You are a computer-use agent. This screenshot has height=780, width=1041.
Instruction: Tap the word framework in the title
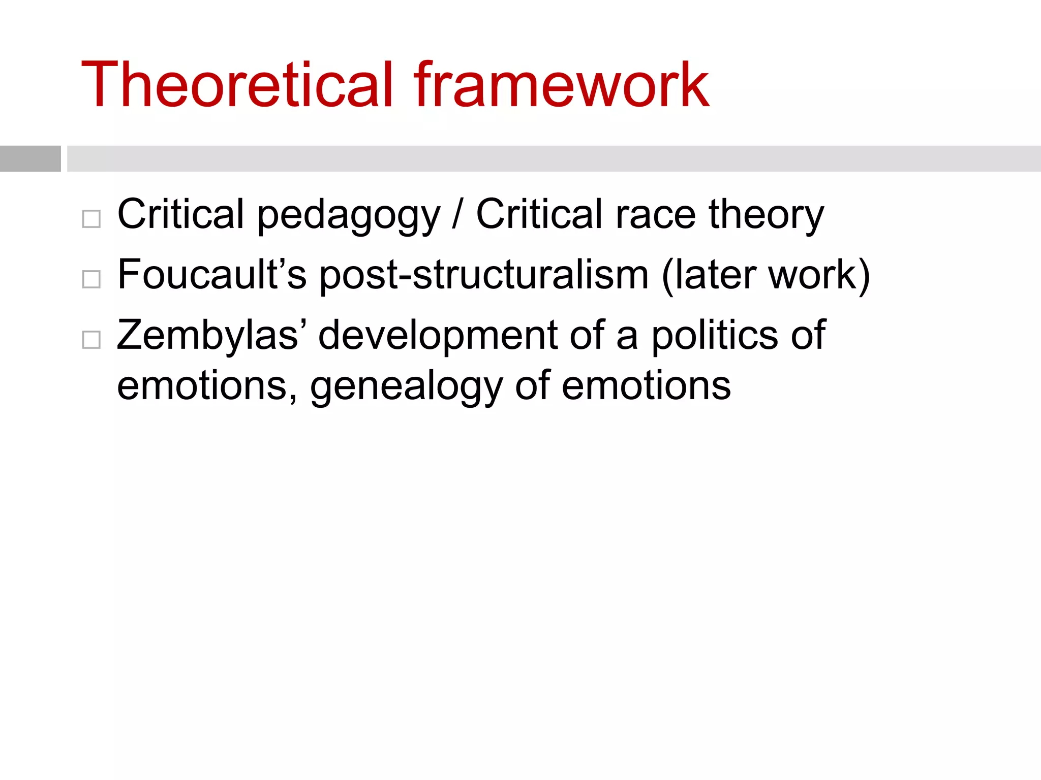[561, 85]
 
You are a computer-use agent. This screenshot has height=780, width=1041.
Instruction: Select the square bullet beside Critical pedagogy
[91, 219]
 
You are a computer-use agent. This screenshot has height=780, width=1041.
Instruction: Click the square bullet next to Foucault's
[91, 279]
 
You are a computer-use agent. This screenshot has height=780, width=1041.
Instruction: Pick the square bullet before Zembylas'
[91, 340]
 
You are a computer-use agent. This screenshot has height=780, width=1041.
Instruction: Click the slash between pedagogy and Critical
[457, 215]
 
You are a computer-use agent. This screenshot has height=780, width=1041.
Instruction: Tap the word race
[656, 215]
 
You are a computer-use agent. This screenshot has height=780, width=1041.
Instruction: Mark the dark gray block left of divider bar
[30, 158]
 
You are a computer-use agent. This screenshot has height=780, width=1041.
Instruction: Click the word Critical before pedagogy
[181, 214]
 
